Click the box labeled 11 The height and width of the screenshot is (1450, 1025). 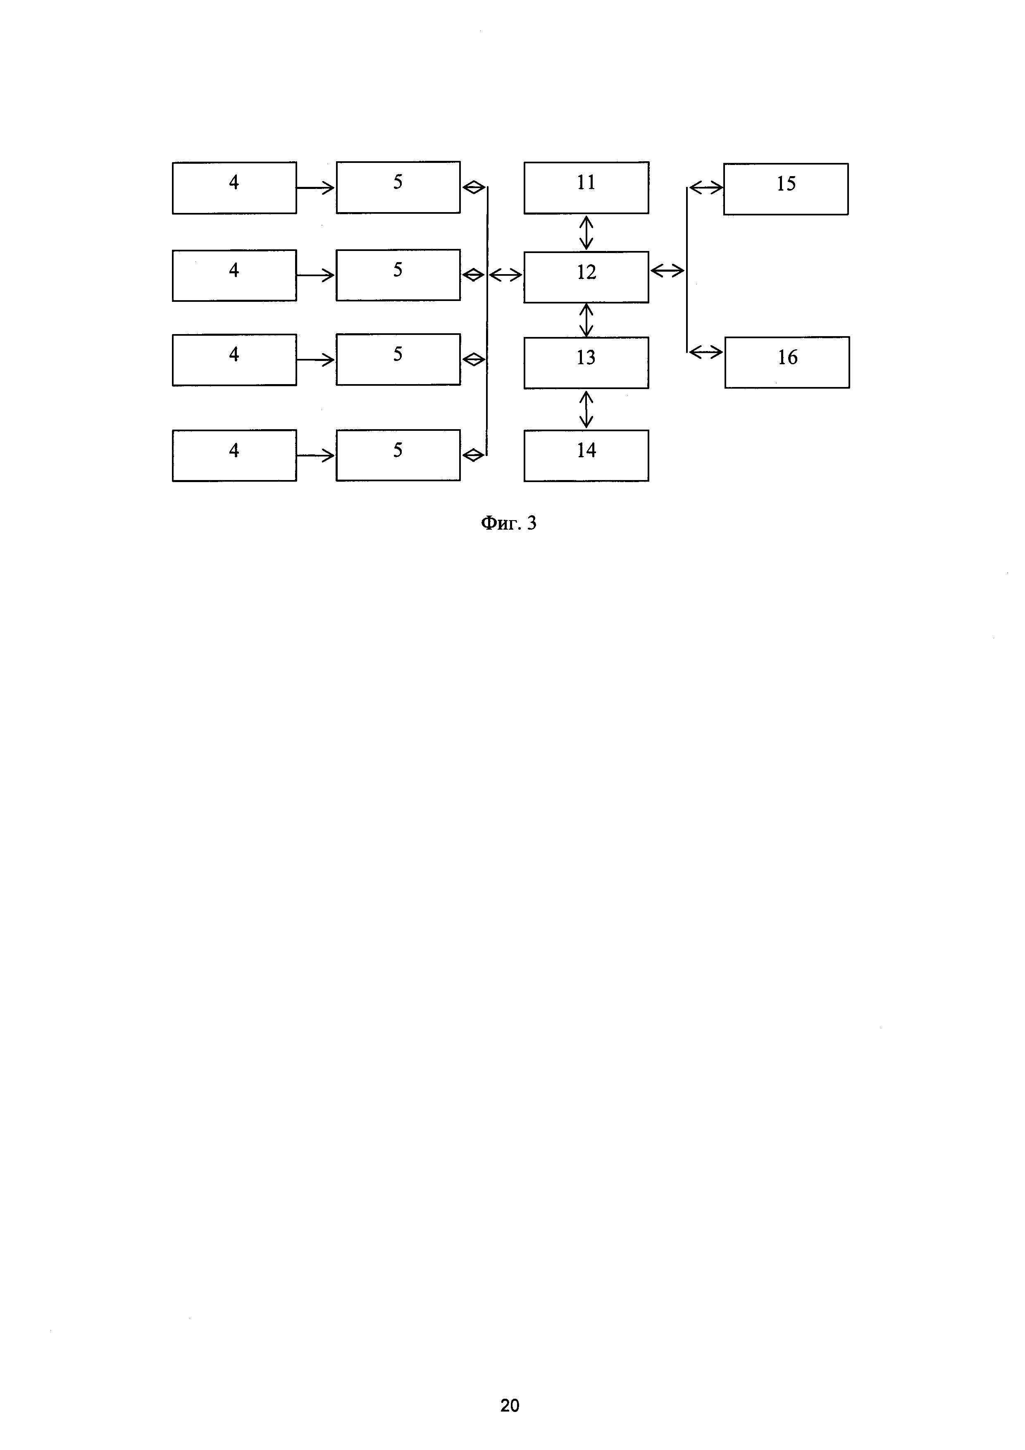pyautogui.click(x=586, y=188)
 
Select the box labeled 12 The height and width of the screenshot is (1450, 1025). pyautogui.click(x=586, y=277)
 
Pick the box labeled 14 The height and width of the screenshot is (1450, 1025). pyautogui.click(x=586, y=455)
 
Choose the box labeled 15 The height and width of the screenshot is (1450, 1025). pyautogui.click(x=785, y=189)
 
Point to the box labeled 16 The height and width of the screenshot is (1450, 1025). pyautogui.click(x=787, y=362)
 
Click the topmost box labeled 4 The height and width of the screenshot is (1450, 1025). pyautogui.click(x=234, y=188)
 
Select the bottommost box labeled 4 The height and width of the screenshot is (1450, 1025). pyautogui.click(x=234, y=455)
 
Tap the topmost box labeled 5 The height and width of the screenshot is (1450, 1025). pyautogui.click(x=398, y=187)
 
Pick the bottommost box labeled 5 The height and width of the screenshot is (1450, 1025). pyautogui.click(x=398, y=455)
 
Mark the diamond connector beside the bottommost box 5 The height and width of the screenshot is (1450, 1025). pyautogui.click(x=473, y=455)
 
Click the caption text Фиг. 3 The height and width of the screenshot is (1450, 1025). pyautogui.click(x=508, y=523)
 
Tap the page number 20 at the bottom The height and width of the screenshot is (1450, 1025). pyautogui.click(x=509, y=1405)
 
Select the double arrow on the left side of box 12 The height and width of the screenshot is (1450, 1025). pyautogui.click(x=505, y=275)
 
